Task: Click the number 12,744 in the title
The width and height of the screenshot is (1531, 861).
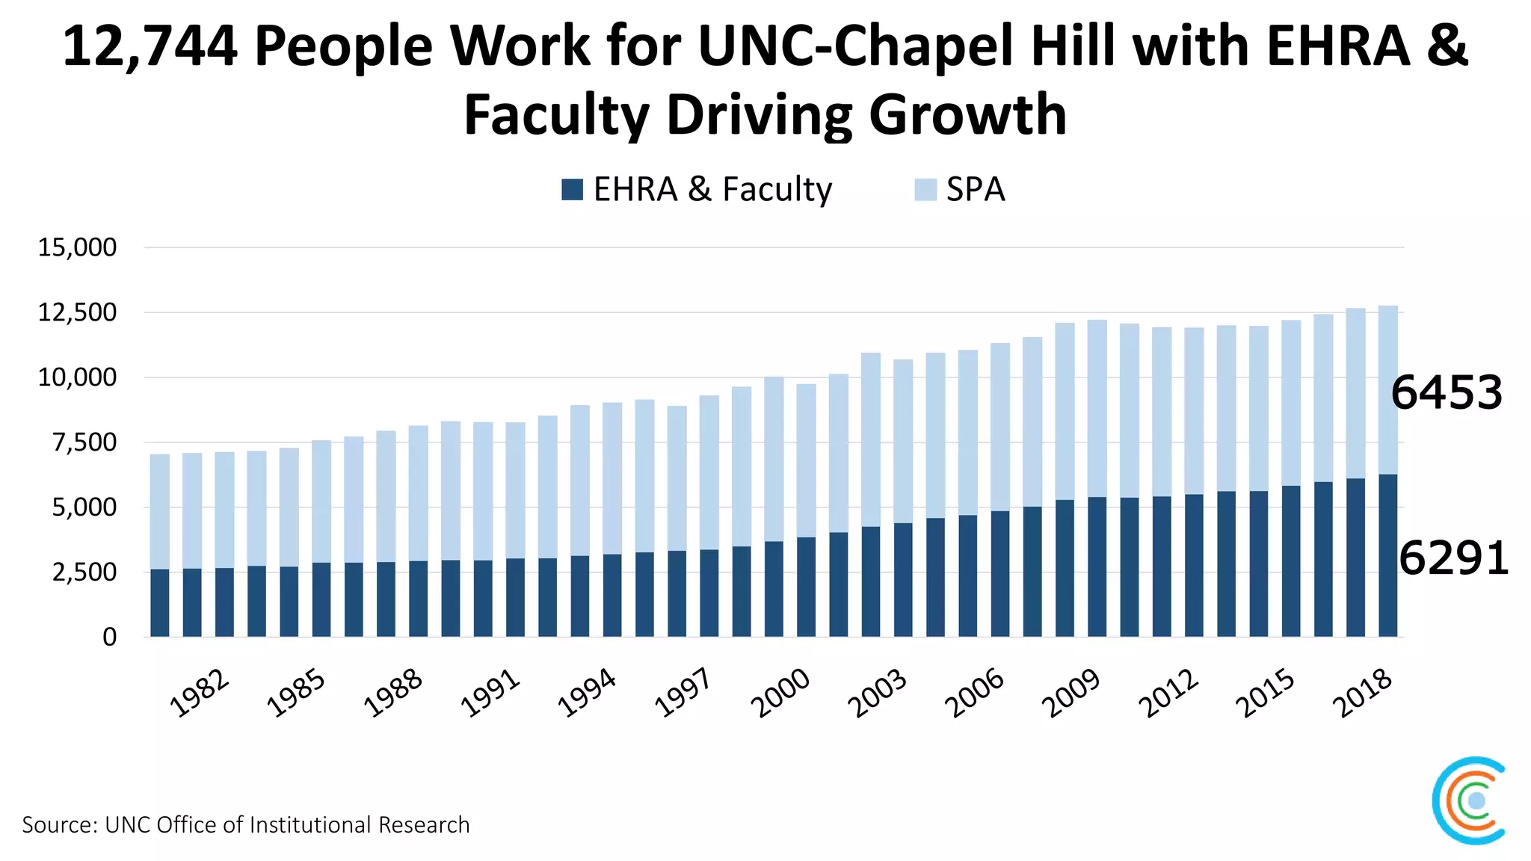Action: (x=150, y=46)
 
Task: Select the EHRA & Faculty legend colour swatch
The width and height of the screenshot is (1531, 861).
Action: (x=572, y=189)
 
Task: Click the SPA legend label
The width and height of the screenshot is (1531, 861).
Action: (x=975, y=189)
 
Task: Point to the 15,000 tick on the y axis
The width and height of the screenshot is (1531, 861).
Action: (x=77, y=247)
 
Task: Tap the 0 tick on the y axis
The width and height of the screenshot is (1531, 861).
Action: (x=109, y=637)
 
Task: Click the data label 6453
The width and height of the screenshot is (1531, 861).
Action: (x=1446, y=392)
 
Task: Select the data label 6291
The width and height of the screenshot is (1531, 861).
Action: (x=1453, y=558)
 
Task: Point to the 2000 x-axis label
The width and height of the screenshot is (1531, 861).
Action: (x=780, y=693)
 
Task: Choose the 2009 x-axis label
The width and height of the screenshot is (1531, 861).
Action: (x=1071, y=693)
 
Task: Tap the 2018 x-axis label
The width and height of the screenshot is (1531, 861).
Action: (x=1362, y=693)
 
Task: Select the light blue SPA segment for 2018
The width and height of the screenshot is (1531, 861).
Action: (x=1387, y=389)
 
